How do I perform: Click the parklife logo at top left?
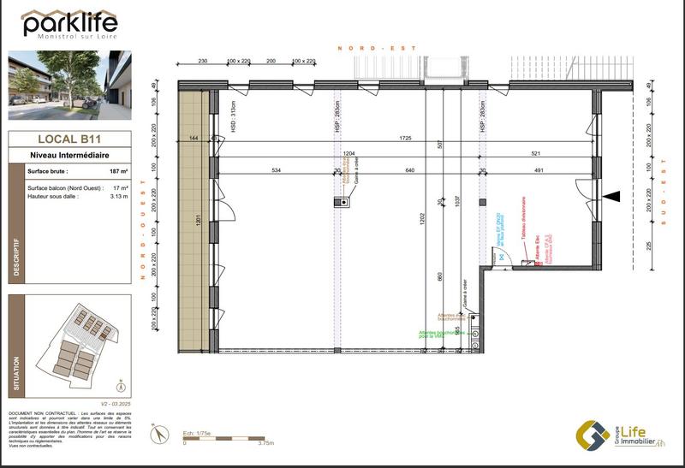coord(68,23)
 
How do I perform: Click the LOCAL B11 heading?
coord(68,139)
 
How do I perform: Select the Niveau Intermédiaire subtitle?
coord(68,155)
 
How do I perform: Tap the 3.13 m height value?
coord(118,196)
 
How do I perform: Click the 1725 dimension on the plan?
coord(406,138)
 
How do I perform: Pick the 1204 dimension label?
coord(349,153)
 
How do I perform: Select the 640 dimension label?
coord(409,170)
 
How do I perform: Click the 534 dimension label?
coord(277,170)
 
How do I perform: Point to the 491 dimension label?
coord(540,170)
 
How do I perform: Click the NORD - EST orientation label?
coord(377,49)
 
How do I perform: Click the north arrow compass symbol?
coord(158,434)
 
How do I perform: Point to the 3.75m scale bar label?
coord(266,443)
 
